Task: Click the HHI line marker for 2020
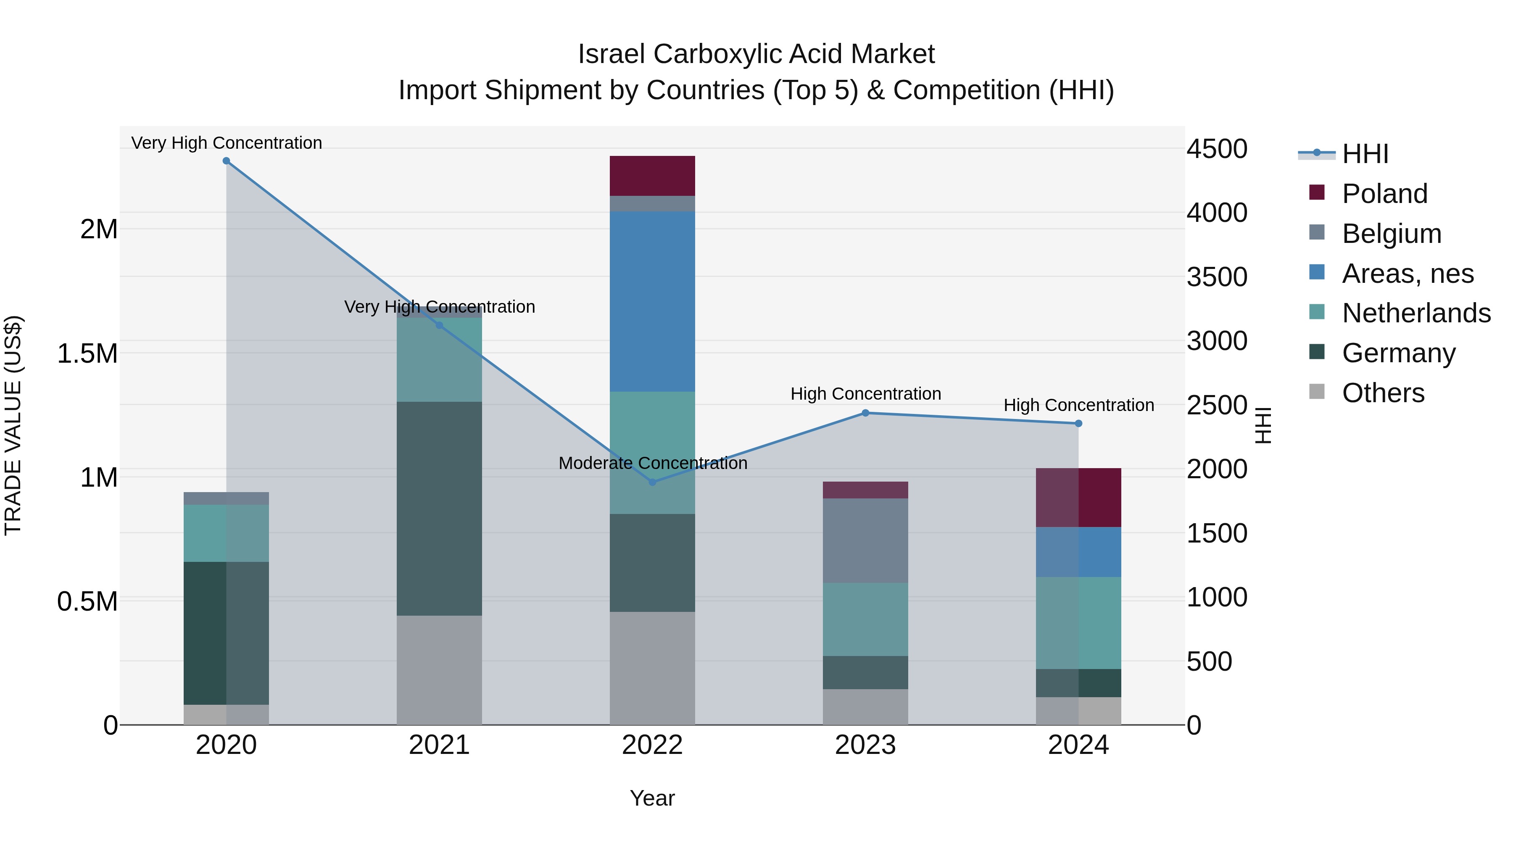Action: click(x=226, y=161)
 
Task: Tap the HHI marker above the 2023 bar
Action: click(x=865, y=413)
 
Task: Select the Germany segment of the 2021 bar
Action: click(x=439, y=508)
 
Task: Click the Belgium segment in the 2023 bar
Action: click(x=865, y=540)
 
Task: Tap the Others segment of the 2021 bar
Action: click(x=439, y=669)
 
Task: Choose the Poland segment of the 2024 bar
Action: click(x=1078, y=498)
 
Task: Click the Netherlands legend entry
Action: click(x=1416, y=313)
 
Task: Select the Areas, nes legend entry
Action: click(x=1407, y=274)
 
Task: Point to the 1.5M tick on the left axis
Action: click(x=87, y=353)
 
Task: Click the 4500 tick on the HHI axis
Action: click(x=1216, y=149)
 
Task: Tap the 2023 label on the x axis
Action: click(x=865, y=745)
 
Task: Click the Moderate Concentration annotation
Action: click(x=653, y=463)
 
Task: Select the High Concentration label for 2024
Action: click(x=1078, y=405)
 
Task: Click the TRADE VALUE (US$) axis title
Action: click(x=13, y=425)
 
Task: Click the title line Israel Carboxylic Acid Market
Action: click(x=756, y=54)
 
